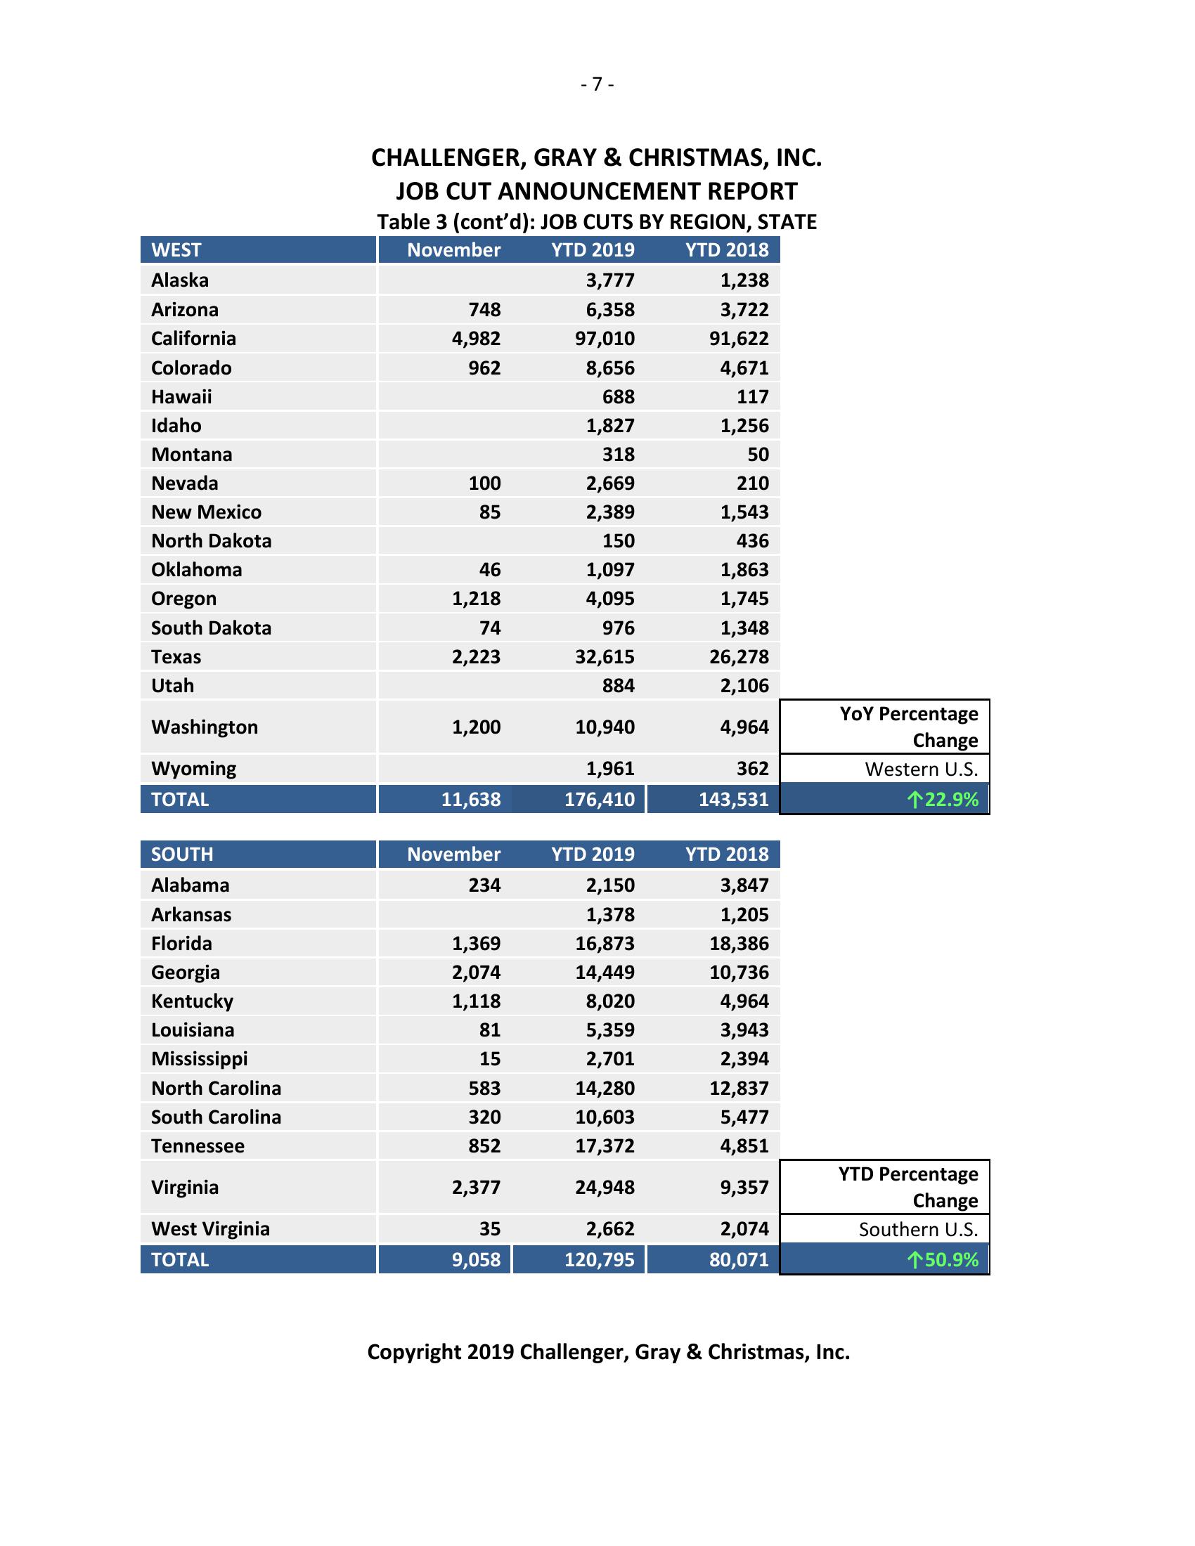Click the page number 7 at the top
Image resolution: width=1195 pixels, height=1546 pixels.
pyautogui.click(x=597, y=84)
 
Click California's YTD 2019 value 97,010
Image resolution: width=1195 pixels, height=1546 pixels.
pyautogui.click(x=605, y=339)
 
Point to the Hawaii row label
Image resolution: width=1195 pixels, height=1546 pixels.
pyautogui.click(x=181, y=396)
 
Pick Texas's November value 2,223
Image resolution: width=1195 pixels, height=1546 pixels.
pyautogui.click(x=476, y=657)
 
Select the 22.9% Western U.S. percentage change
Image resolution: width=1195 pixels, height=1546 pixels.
pyautogui.click(x=943, y=800)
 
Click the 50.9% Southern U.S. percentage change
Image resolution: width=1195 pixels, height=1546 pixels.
pyautogui.click(x=943, y=1260)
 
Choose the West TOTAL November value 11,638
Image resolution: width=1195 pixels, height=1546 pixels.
pyautogui.click(x=471, y=800)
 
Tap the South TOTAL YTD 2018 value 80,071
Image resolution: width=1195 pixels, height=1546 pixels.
pyautogui.click(x=738, y=1260)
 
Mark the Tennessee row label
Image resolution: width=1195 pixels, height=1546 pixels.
pyautogui.click(x=198, y=1146)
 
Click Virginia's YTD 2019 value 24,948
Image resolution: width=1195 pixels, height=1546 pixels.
pyautogui.click(x=605, y=1187)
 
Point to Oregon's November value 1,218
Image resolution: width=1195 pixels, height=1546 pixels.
pyautogui.click(x=476, y=599)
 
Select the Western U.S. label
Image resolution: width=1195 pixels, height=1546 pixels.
pyautogui.click(x=921, y=769)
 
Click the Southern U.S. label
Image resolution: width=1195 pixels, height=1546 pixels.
pyautogui.click(x=918, y=1230)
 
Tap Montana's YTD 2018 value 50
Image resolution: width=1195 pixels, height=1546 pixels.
pyautogui.click(x=758, y=455)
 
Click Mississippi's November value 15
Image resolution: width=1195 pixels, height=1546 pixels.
pyautogui.click(x=489, y=1059)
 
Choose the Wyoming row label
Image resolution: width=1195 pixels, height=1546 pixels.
pyautogui.click(x=193, y=769)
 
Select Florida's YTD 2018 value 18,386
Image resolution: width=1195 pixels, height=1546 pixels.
pyautogui.click(x=738, y=944)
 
